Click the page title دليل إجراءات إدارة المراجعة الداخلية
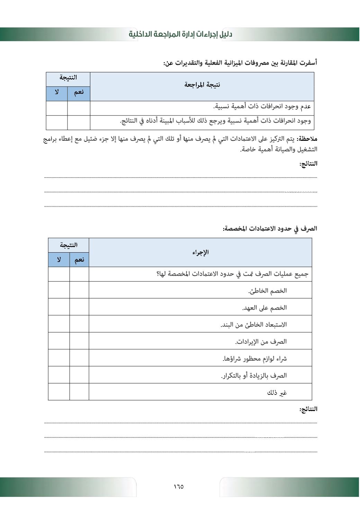click(180, 34)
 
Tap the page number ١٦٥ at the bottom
click(179, 487)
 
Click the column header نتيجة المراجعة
click(202, 85)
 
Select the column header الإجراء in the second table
click(200, 252)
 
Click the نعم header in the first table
click(79, 92)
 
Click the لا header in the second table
click(59, 260)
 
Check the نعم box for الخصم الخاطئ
click(79, 290)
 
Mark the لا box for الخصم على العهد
click(59, 307)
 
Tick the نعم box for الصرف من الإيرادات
click(79, 341)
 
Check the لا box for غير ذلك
click(59, 392)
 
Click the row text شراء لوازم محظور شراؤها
click(255, 358)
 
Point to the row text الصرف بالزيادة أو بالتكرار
click(254, 375)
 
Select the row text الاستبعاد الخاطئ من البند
click(254, 325)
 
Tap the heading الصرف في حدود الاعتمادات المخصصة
click(270, 229)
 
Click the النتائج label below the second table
click(308, 409)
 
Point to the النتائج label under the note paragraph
click(308, 164)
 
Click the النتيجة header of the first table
click(68, 78)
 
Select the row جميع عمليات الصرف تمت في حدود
click(233, 274)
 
